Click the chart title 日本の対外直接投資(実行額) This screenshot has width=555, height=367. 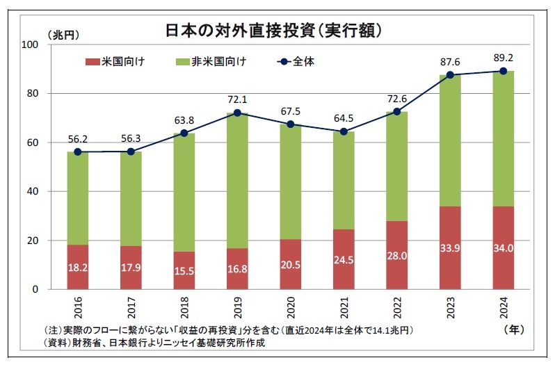[x=275, y=31]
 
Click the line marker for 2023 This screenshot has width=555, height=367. [x=451, y=75]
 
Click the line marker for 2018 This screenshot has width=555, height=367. [x=184, y=133]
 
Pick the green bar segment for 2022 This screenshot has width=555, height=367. [x=397, y=167]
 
